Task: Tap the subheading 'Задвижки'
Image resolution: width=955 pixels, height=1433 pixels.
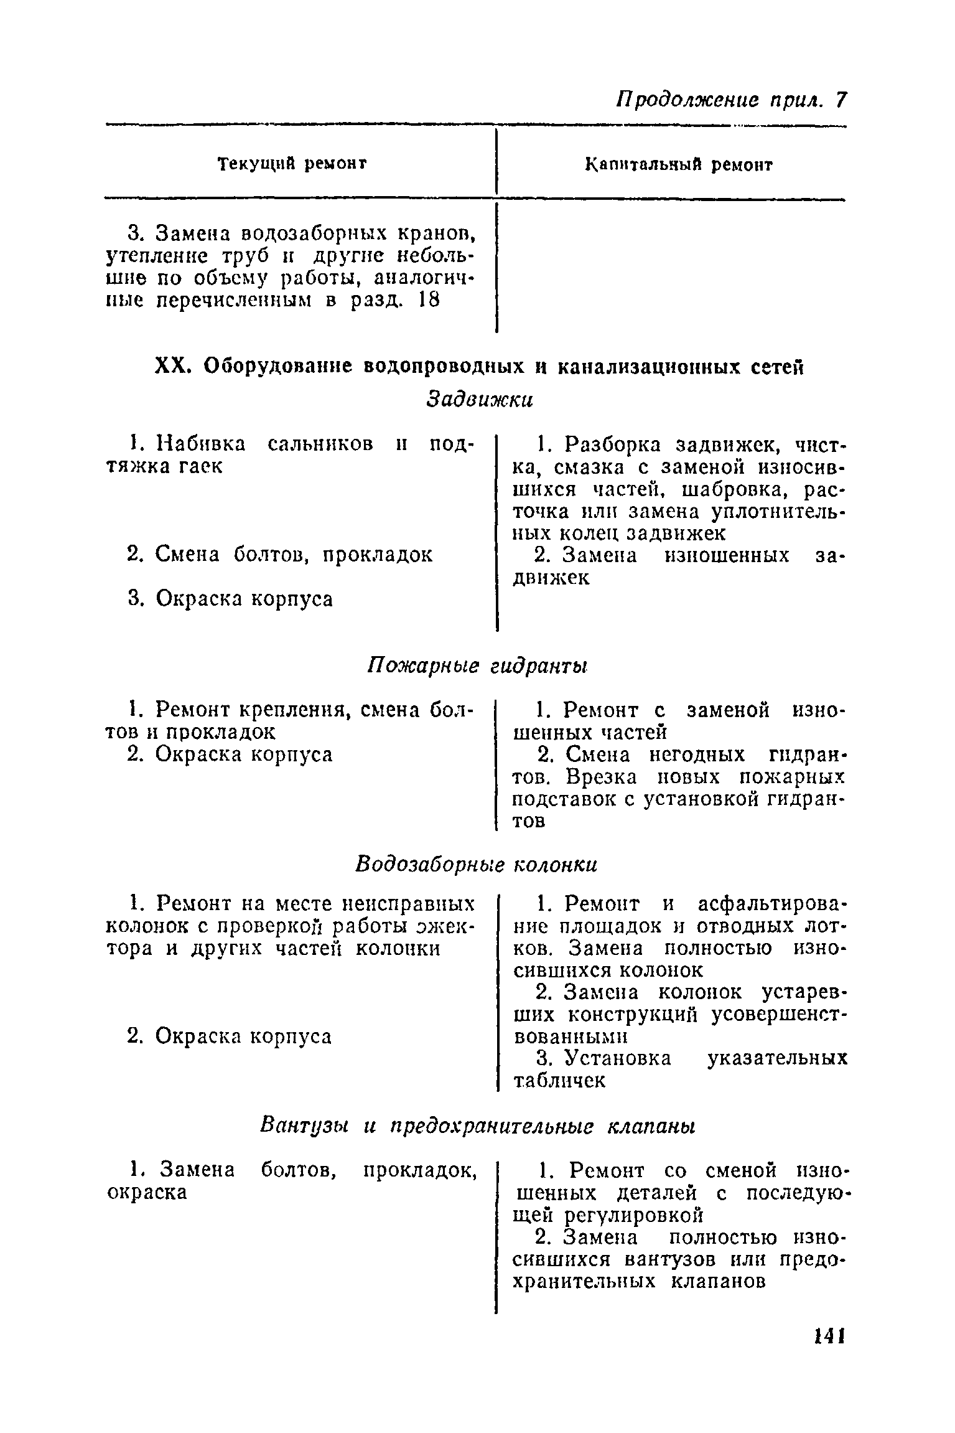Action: coord(480,399)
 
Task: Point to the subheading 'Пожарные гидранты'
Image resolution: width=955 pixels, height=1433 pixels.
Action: coord(477,666)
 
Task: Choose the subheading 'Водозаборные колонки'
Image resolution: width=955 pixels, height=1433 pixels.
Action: coord(476,865)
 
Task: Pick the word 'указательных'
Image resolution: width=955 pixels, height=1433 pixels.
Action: coord(777,1058)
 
